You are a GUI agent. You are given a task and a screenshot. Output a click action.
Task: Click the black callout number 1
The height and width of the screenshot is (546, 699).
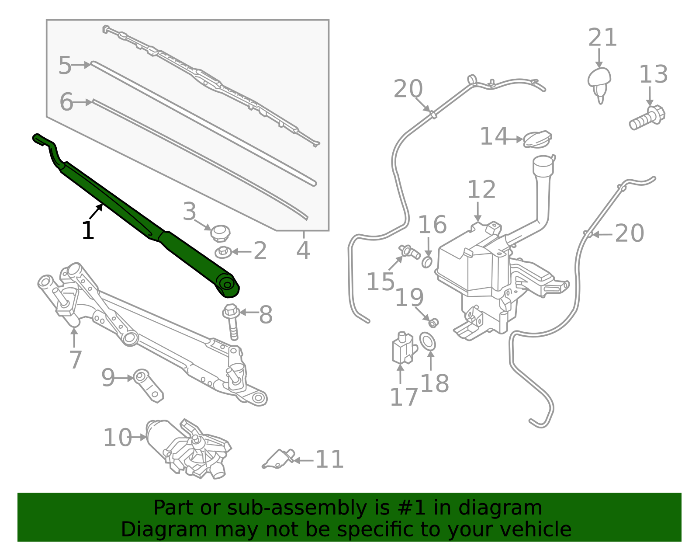(x=88, y=231)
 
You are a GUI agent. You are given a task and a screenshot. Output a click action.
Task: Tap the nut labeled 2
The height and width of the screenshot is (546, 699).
(x=223, y=252)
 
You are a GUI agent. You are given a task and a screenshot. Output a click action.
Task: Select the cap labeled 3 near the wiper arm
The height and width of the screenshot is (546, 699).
(x=220, y=233)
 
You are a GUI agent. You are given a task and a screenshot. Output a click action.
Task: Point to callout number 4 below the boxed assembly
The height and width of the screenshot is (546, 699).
(x=303, y=251)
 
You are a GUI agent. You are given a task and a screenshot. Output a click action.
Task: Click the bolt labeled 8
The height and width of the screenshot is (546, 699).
(x=232, y=321)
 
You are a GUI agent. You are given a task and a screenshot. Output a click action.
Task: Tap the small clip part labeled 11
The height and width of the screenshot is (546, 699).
(x=279, y=459)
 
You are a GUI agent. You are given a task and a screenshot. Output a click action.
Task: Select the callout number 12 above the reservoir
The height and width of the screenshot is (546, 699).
(x=481, y=190)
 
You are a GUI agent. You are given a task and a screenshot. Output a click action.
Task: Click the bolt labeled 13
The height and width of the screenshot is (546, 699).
(x=647, y=117)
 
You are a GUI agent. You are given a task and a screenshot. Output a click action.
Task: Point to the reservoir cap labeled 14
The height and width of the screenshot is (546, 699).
(x=537, y=139)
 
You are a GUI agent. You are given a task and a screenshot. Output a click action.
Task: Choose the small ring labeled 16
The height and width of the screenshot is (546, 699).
(x=427, y=262)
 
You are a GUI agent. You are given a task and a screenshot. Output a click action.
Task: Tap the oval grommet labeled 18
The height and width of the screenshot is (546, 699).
(x=428, y=341)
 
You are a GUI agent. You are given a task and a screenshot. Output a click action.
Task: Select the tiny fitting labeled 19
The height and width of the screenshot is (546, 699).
(x=433, y=323)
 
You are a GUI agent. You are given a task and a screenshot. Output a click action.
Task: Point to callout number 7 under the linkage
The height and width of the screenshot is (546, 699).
(x=75, y=360)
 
